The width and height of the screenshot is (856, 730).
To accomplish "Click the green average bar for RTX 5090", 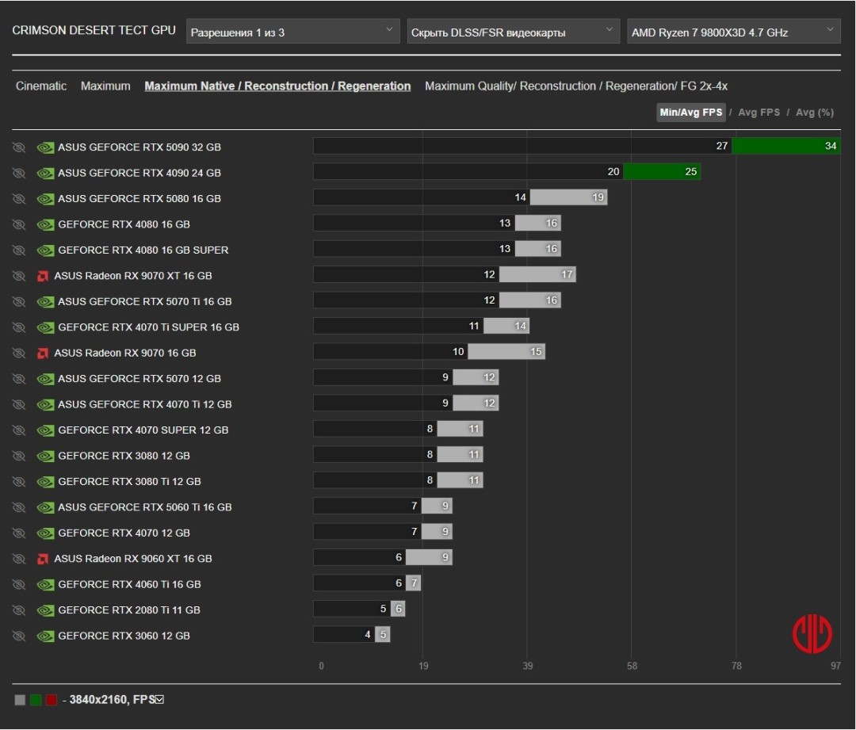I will pos(785,146).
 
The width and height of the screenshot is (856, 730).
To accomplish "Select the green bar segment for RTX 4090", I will pos(662,172).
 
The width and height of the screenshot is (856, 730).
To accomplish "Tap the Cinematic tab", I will pos(41,86).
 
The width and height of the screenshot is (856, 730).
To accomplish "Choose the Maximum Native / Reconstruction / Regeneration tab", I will pos(277,86).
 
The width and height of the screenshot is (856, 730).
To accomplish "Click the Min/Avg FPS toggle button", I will pos(691,113).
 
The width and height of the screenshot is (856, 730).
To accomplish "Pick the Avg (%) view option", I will pos(815,113).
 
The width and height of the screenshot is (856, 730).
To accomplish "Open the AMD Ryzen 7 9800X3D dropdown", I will pos(733,32).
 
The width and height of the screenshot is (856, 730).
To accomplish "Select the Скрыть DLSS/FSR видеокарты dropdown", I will pos(513,32).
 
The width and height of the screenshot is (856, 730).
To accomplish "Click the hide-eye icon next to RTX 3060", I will pos(19,636).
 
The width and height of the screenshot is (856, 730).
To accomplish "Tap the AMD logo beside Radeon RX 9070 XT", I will pos(43,276).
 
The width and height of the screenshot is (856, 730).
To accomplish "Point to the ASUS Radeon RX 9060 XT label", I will pos(133,559).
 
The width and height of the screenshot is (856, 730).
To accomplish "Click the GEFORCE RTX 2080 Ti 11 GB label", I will pos(129,610).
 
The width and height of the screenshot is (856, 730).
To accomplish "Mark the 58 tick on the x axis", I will pos(632,667).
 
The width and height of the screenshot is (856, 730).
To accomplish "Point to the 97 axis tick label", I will pos(835,667).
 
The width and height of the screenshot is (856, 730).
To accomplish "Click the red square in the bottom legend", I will pos(52,700).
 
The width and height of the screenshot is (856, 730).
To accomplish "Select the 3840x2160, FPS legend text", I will pos(111,700).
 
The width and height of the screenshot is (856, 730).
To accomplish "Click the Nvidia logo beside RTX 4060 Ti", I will pos(46,585).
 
